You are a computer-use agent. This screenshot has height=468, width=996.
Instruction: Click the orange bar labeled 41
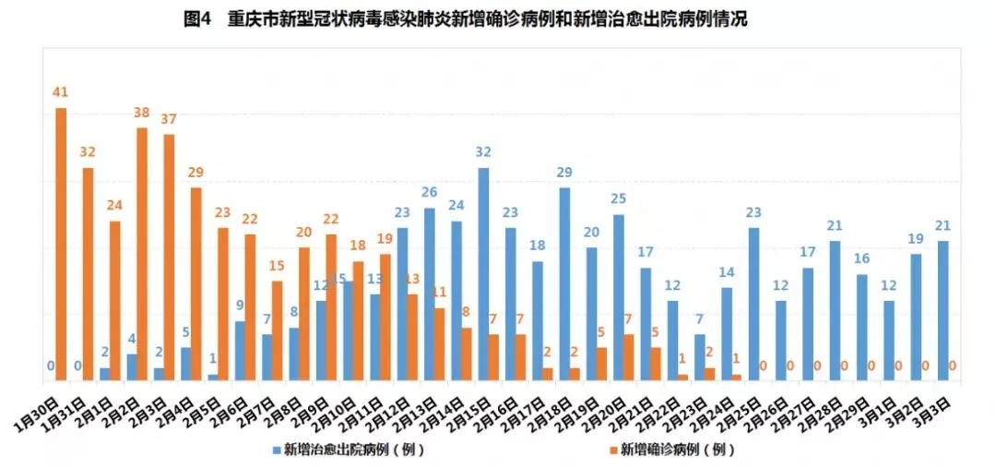(x=61, y=244)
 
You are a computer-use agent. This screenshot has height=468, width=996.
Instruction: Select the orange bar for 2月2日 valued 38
(x=142, y=254)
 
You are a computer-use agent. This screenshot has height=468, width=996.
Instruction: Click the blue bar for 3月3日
(x=943, y=310)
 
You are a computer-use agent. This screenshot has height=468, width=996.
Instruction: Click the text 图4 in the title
(x=198, y=19)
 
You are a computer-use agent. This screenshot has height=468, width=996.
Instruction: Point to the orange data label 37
(x=169, y=120)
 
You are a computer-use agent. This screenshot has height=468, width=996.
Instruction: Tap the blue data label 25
(x=619, y=198)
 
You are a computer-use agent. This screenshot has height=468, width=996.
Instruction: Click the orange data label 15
(x=277, y=266)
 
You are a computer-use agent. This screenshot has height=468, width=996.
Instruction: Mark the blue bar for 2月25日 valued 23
(x=753, y=304)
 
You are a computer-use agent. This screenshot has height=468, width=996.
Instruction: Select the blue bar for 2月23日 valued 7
(x=700, y=356)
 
